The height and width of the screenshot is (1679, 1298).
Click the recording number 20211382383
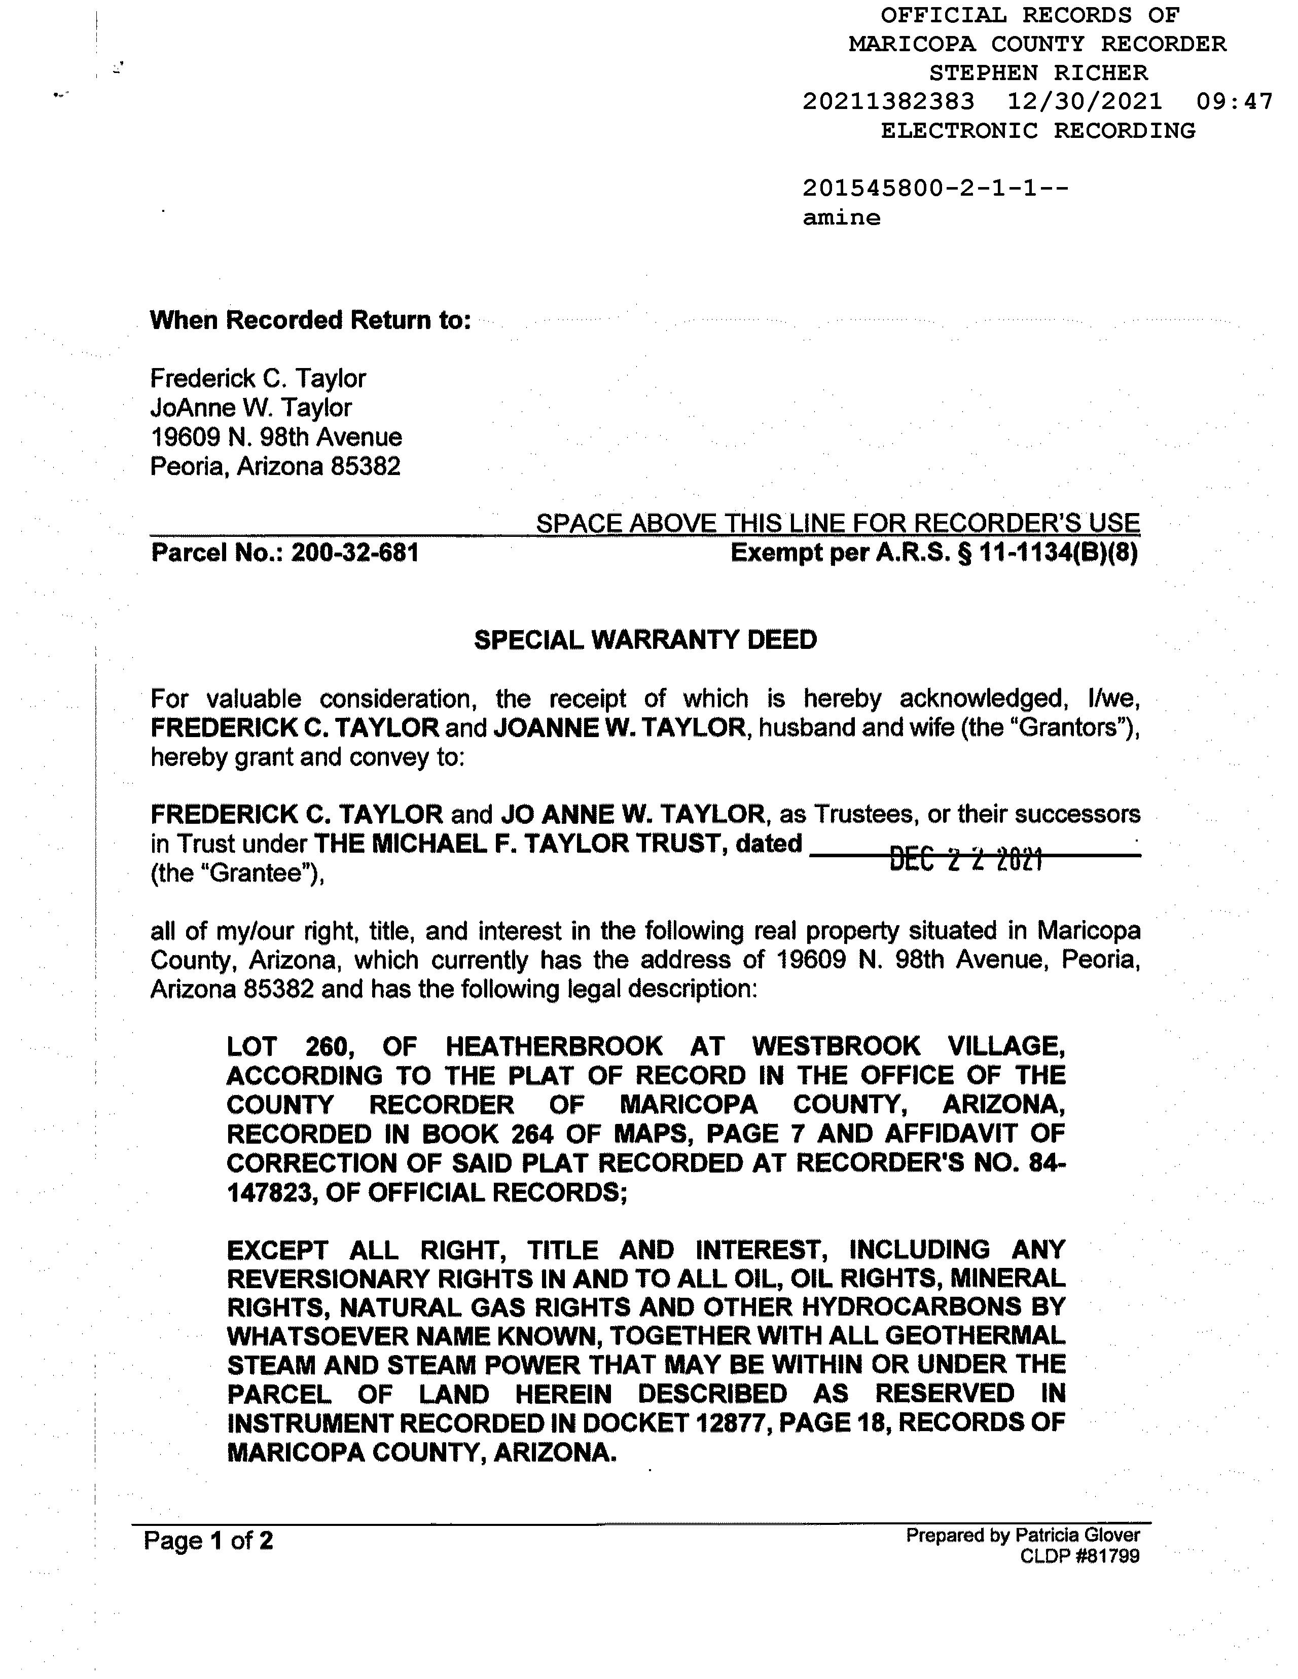888,101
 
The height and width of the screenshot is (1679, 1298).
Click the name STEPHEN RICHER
1038,73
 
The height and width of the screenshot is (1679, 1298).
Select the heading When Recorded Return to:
310,320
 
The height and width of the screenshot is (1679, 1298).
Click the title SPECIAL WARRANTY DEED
645,640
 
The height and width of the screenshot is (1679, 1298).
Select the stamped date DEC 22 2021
966,859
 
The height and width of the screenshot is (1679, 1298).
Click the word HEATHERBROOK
554,1046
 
